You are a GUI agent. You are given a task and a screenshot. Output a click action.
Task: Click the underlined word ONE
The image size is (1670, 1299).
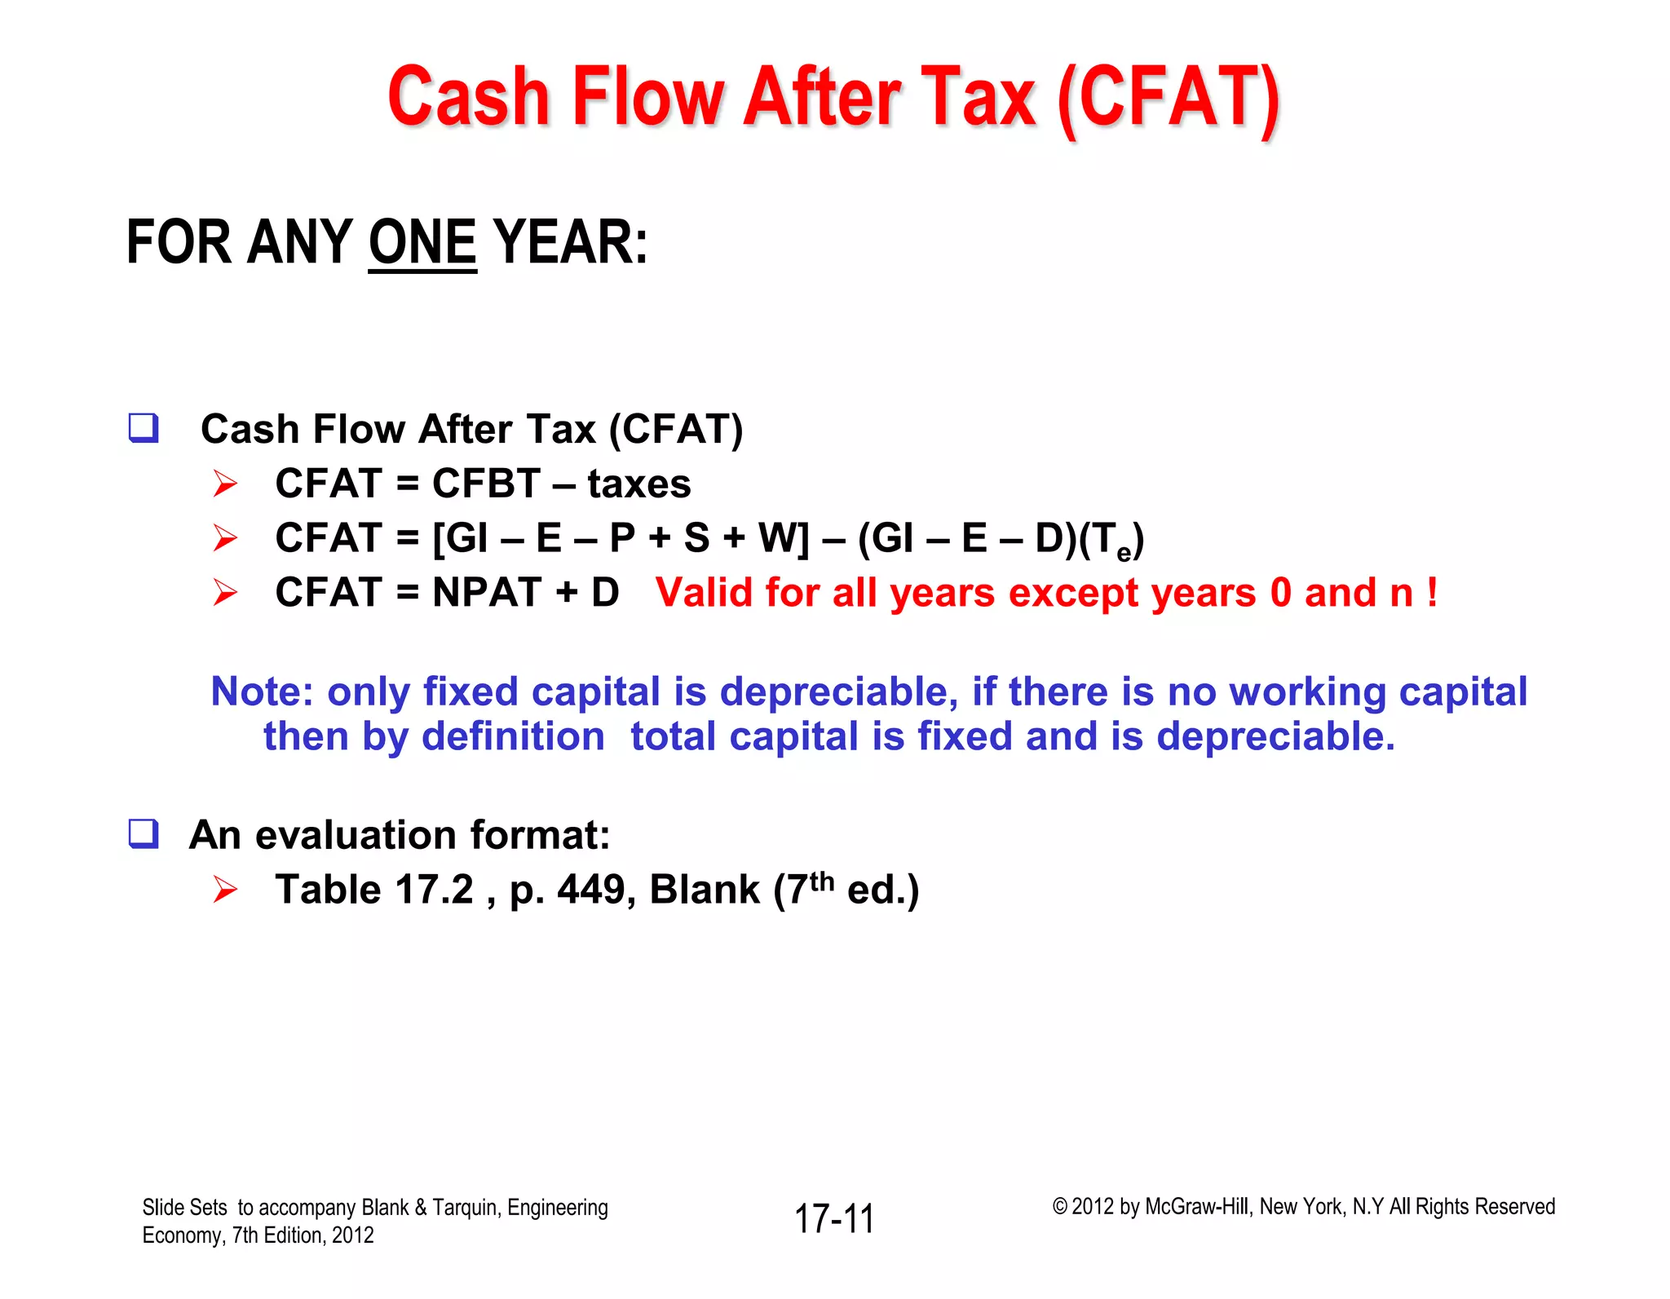tap(422, 243)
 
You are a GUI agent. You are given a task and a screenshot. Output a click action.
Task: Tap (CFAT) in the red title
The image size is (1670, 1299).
tap(1168, 99)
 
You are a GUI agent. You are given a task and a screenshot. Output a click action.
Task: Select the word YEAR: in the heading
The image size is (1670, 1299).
tap(571, 243)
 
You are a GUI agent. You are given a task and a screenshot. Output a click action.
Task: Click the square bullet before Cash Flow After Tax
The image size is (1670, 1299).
tap(144, 428)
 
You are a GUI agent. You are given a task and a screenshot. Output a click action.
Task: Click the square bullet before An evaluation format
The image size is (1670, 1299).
tap(144, 834)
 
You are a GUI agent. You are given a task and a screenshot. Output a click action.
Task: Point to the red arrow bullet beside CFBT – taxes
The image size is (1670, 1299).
tap(225, 484)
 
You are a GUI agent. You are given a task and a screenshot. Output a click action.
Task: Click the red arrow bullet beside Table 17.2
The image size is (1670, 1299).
tap(225, 890)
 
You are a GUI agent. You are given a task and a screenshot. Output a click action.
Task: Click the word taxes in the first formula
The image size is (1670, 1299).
tap(638, 484)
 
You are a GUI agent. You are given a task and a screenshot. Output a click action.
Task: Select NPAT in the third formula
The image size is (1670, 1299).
tap(487, 592)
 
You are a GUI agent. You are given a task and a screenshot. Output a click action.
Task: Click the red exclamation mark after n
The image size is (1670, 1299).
tap(1432, 592)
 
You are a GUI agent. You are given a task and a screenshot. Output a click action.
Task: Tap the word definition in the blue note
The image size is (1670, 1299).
tap(513, 736)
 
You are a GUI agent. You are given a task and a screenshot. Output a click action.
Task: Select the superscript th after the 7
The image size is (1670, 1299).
tap(822, 881)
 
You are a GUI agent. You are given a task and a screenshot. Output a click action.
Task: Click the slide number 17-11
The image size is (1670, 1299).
tap(834, 1219)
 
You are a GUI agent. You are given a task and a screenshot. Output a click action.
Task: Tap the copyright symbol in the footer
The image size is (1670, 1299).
tap(1059, 1207)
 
